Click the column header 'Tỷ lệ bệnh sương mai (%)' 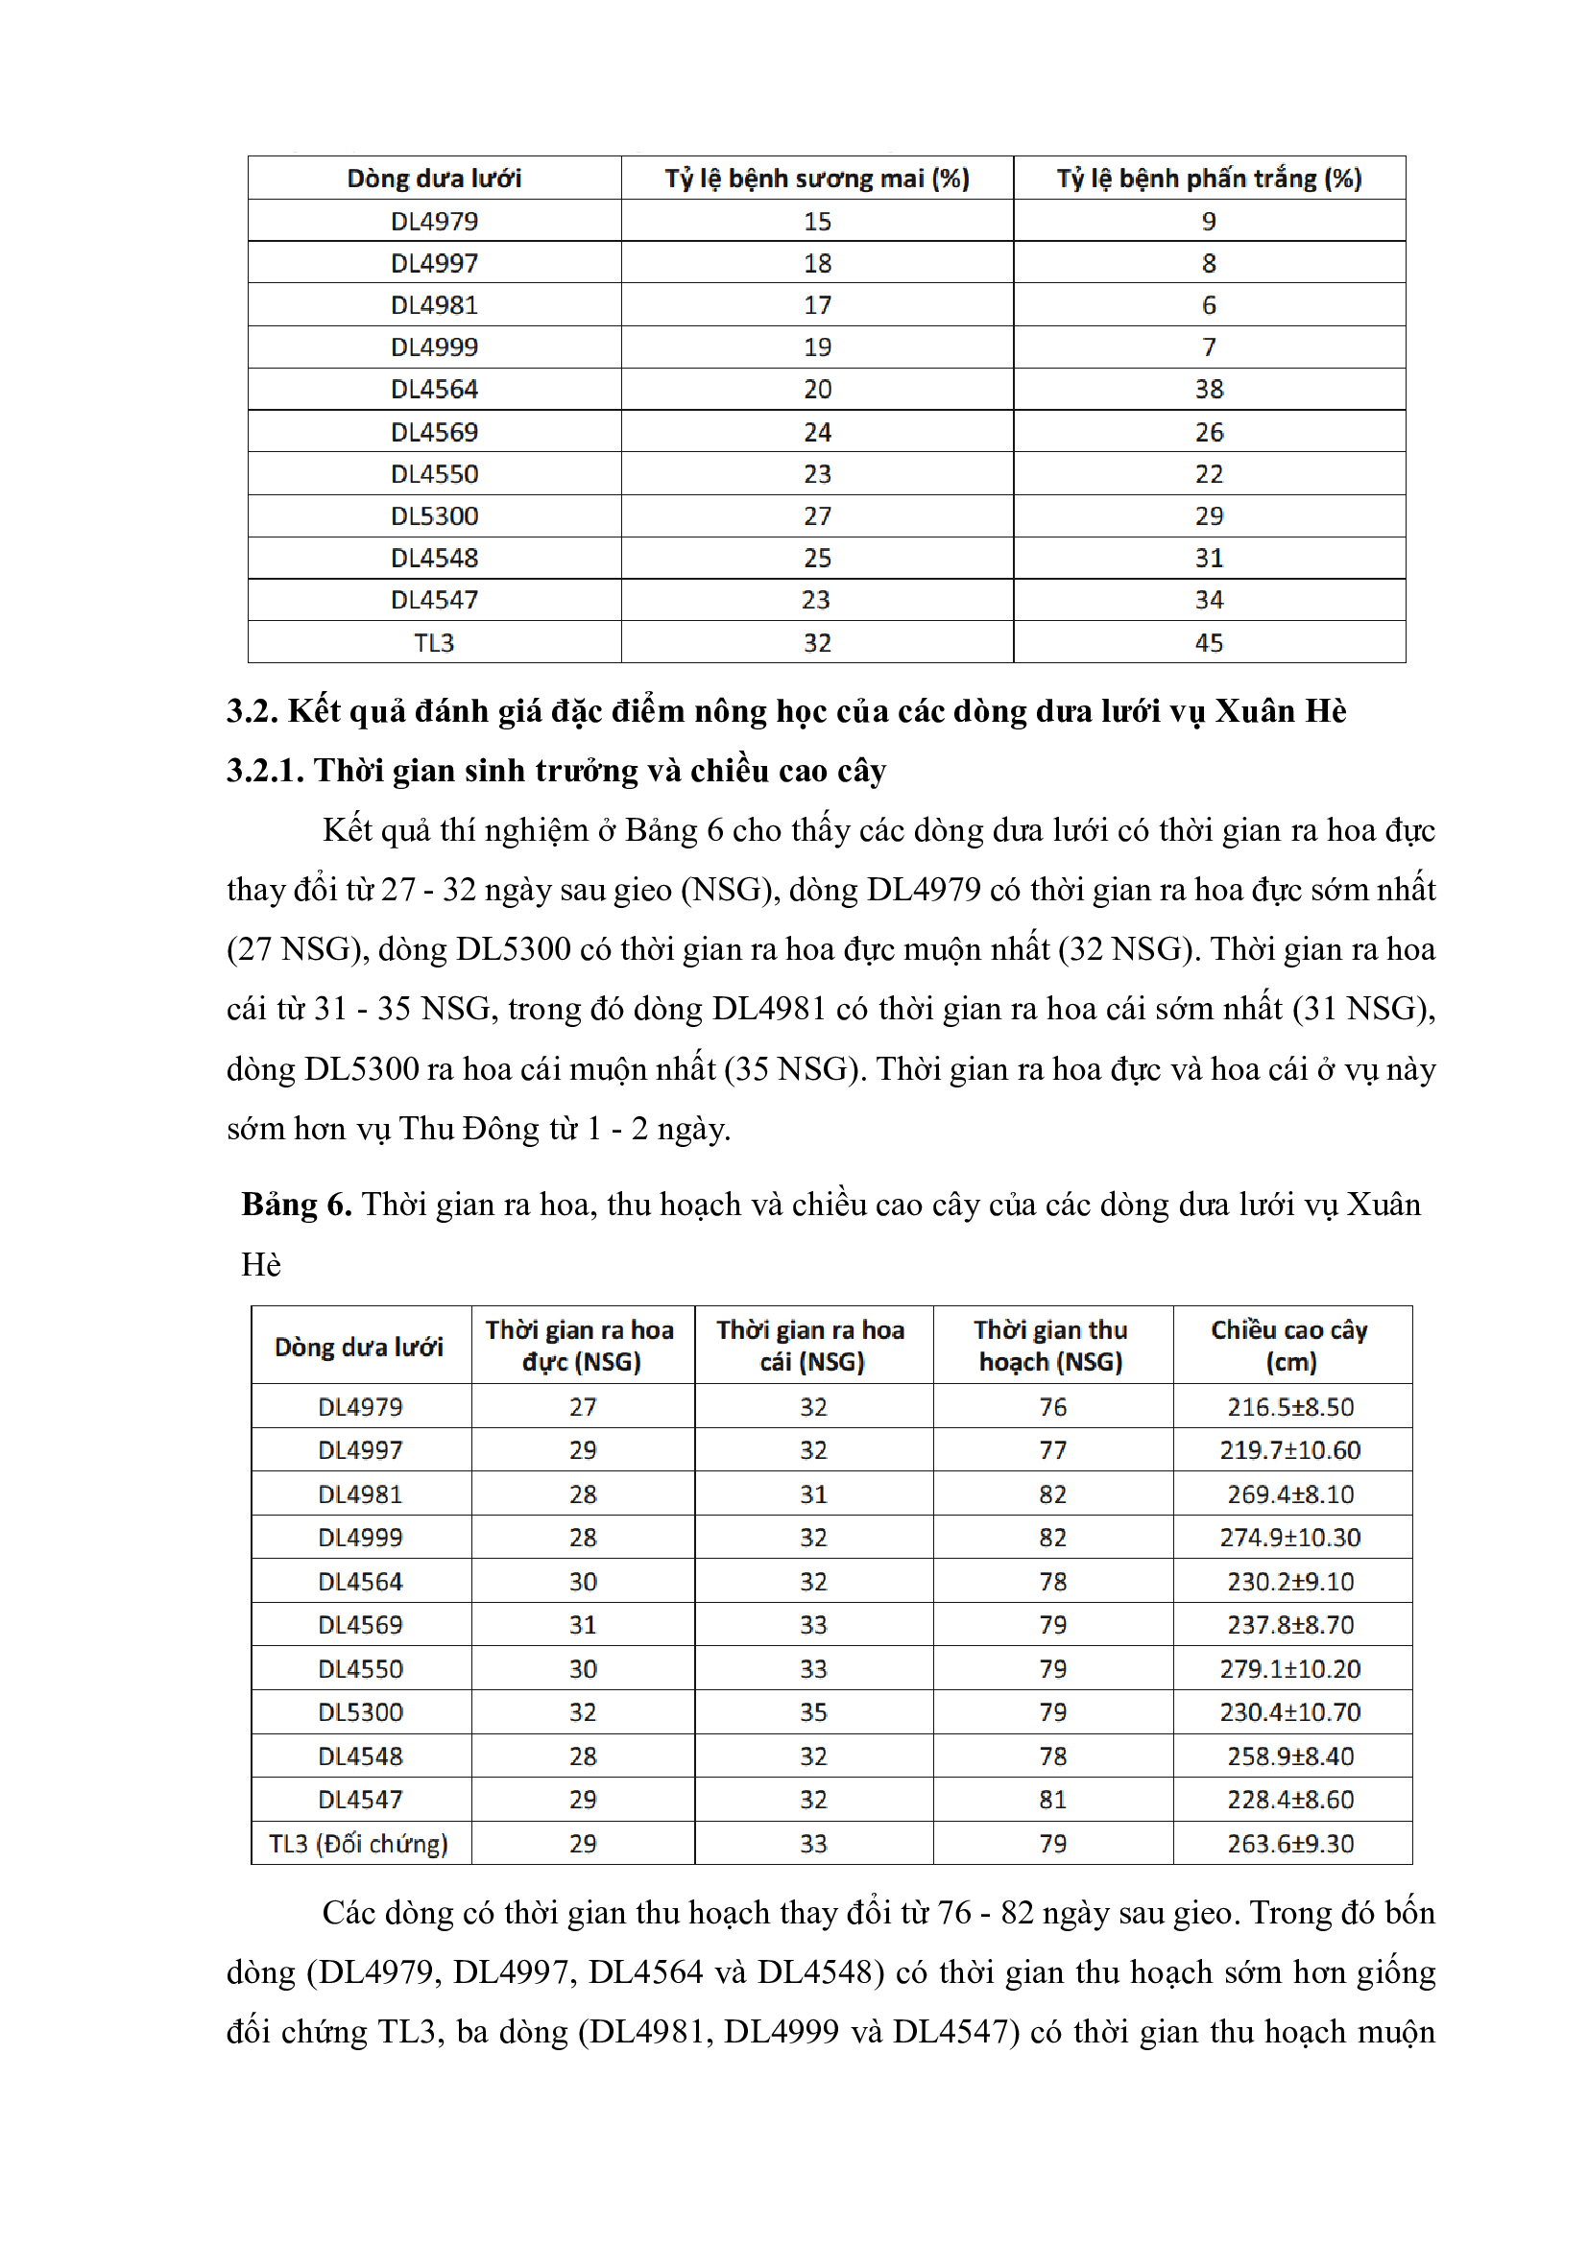816,178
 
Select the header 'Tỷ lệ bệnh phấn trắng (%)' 1209,178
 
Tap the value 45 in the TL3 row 1209,642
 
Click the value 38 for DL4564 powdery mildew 1209,389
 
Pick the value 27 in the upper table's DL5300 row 816,515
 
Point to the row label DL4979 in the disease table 434,221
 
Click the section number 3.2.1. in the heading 265,771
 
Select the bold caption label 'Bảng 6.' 297,1204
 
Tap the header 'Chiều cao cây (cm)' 1289,1346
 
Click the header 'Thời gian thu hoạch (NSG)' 1051,1346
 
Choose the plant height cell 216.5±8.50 1289,1407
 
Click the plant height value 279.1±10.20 1289,1669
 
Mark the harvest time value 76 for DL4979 1052,1407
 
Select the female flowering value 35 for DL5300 812,1712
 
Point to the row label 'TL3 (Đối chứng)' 359,1843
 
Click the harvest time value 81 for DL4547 1052,1799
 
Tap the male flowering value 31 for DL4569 583,1625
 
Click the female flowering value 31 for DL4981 812,1494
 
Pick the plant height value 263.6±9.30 1289,1843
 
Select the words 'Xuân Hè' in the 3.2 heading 1280,711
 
